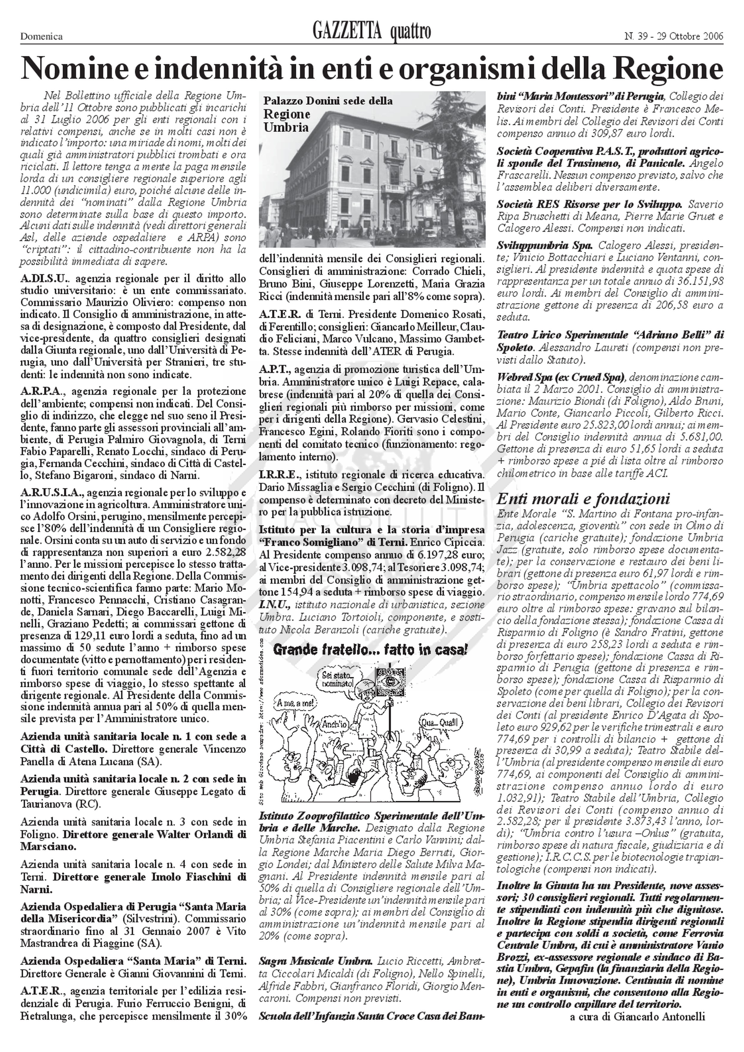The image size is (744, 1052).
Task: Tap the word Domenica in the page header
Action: click(41, 37)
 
